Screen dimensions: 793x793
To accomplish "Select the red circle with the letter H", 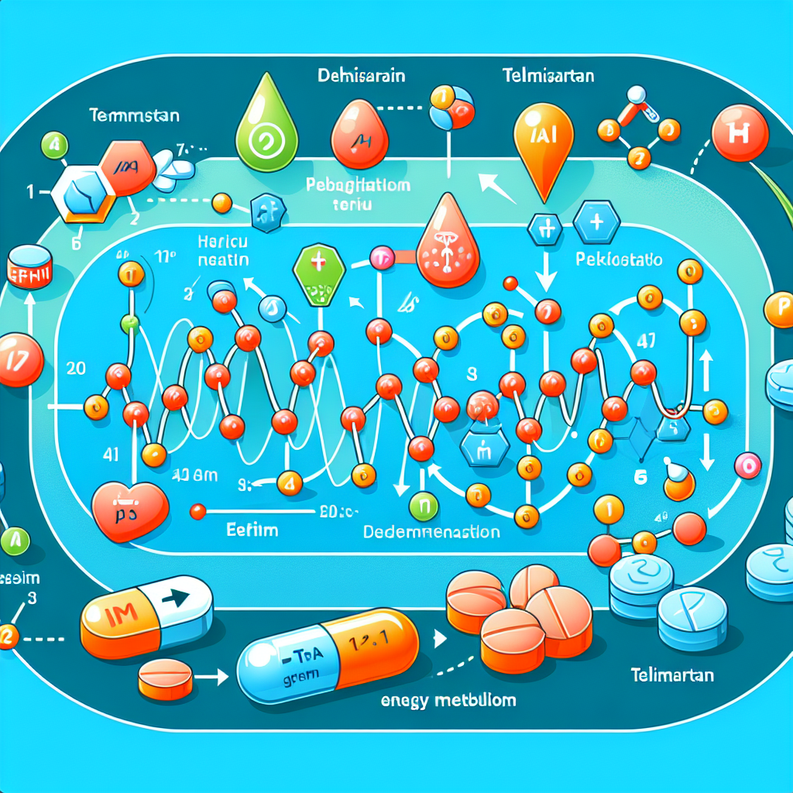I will [x=740, y=132].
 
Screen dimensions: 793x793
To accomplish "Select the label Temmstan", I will [x=133, y=116].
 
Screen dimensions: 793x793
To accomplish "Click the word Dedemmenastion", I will [x=432, y=533].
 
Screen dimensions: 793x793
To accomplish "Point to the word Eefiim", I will [x=252, y=531].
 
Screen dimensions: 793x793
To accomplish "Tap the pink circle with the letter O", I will [x=747, y=465].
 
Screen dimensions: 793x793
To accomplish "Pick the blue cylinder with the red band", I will [x=29, y=268].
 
